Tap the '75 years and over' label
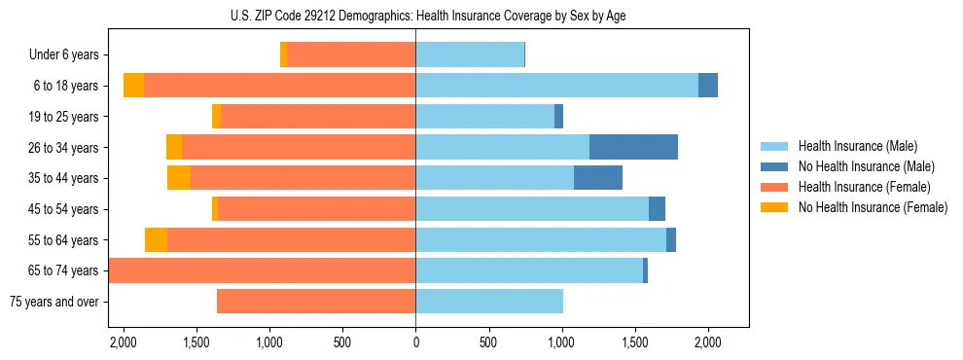click(x=53, y=302)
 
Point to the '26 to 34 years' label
click(x=64, y=148)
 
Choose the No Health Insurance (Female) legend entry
click(x=872, y=207)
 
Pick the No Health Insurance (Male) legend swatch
click(x=774, y=166)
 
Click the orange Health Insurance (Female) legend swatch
click(x=774, y=187)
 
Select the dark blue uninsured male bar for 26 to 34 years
click(x=633, y=147)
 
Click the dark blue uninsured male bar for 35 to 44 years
click(x=598, y=178)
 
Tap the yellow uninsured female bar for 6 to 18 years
click(x=133, y=86)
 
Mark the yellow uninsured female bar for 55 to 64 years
click(x=156, y=239)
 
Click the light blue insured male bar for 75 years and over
click(x=489, y=302)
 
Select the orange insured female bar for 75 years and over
click(x=316, y=302)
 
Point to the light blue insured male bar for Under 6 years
click(x=470, y=55)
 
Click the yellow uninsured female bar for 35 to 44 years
click(x=179, y=178)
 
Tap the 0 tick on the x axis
click(x=415, y=342)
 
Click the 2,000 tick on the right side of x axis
click(x=707, y=342)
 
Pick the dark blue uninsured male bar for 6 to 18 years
click(x=708, y=86)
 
